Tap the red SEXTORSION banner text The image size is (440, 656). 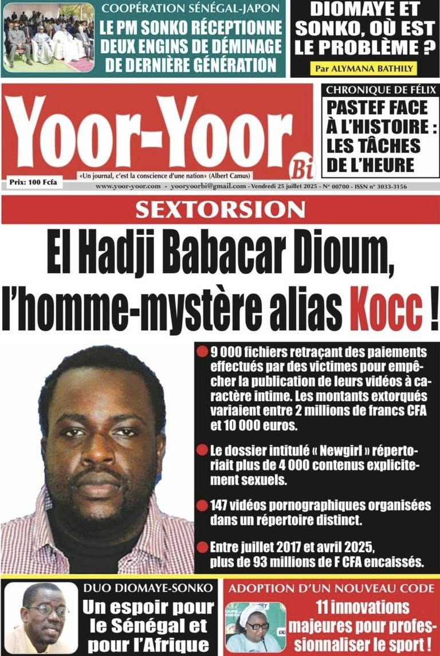(220, 210)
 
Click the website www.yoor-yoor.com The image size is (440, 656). (128, 187)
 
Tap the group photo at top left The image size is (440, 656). (48, 36)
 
